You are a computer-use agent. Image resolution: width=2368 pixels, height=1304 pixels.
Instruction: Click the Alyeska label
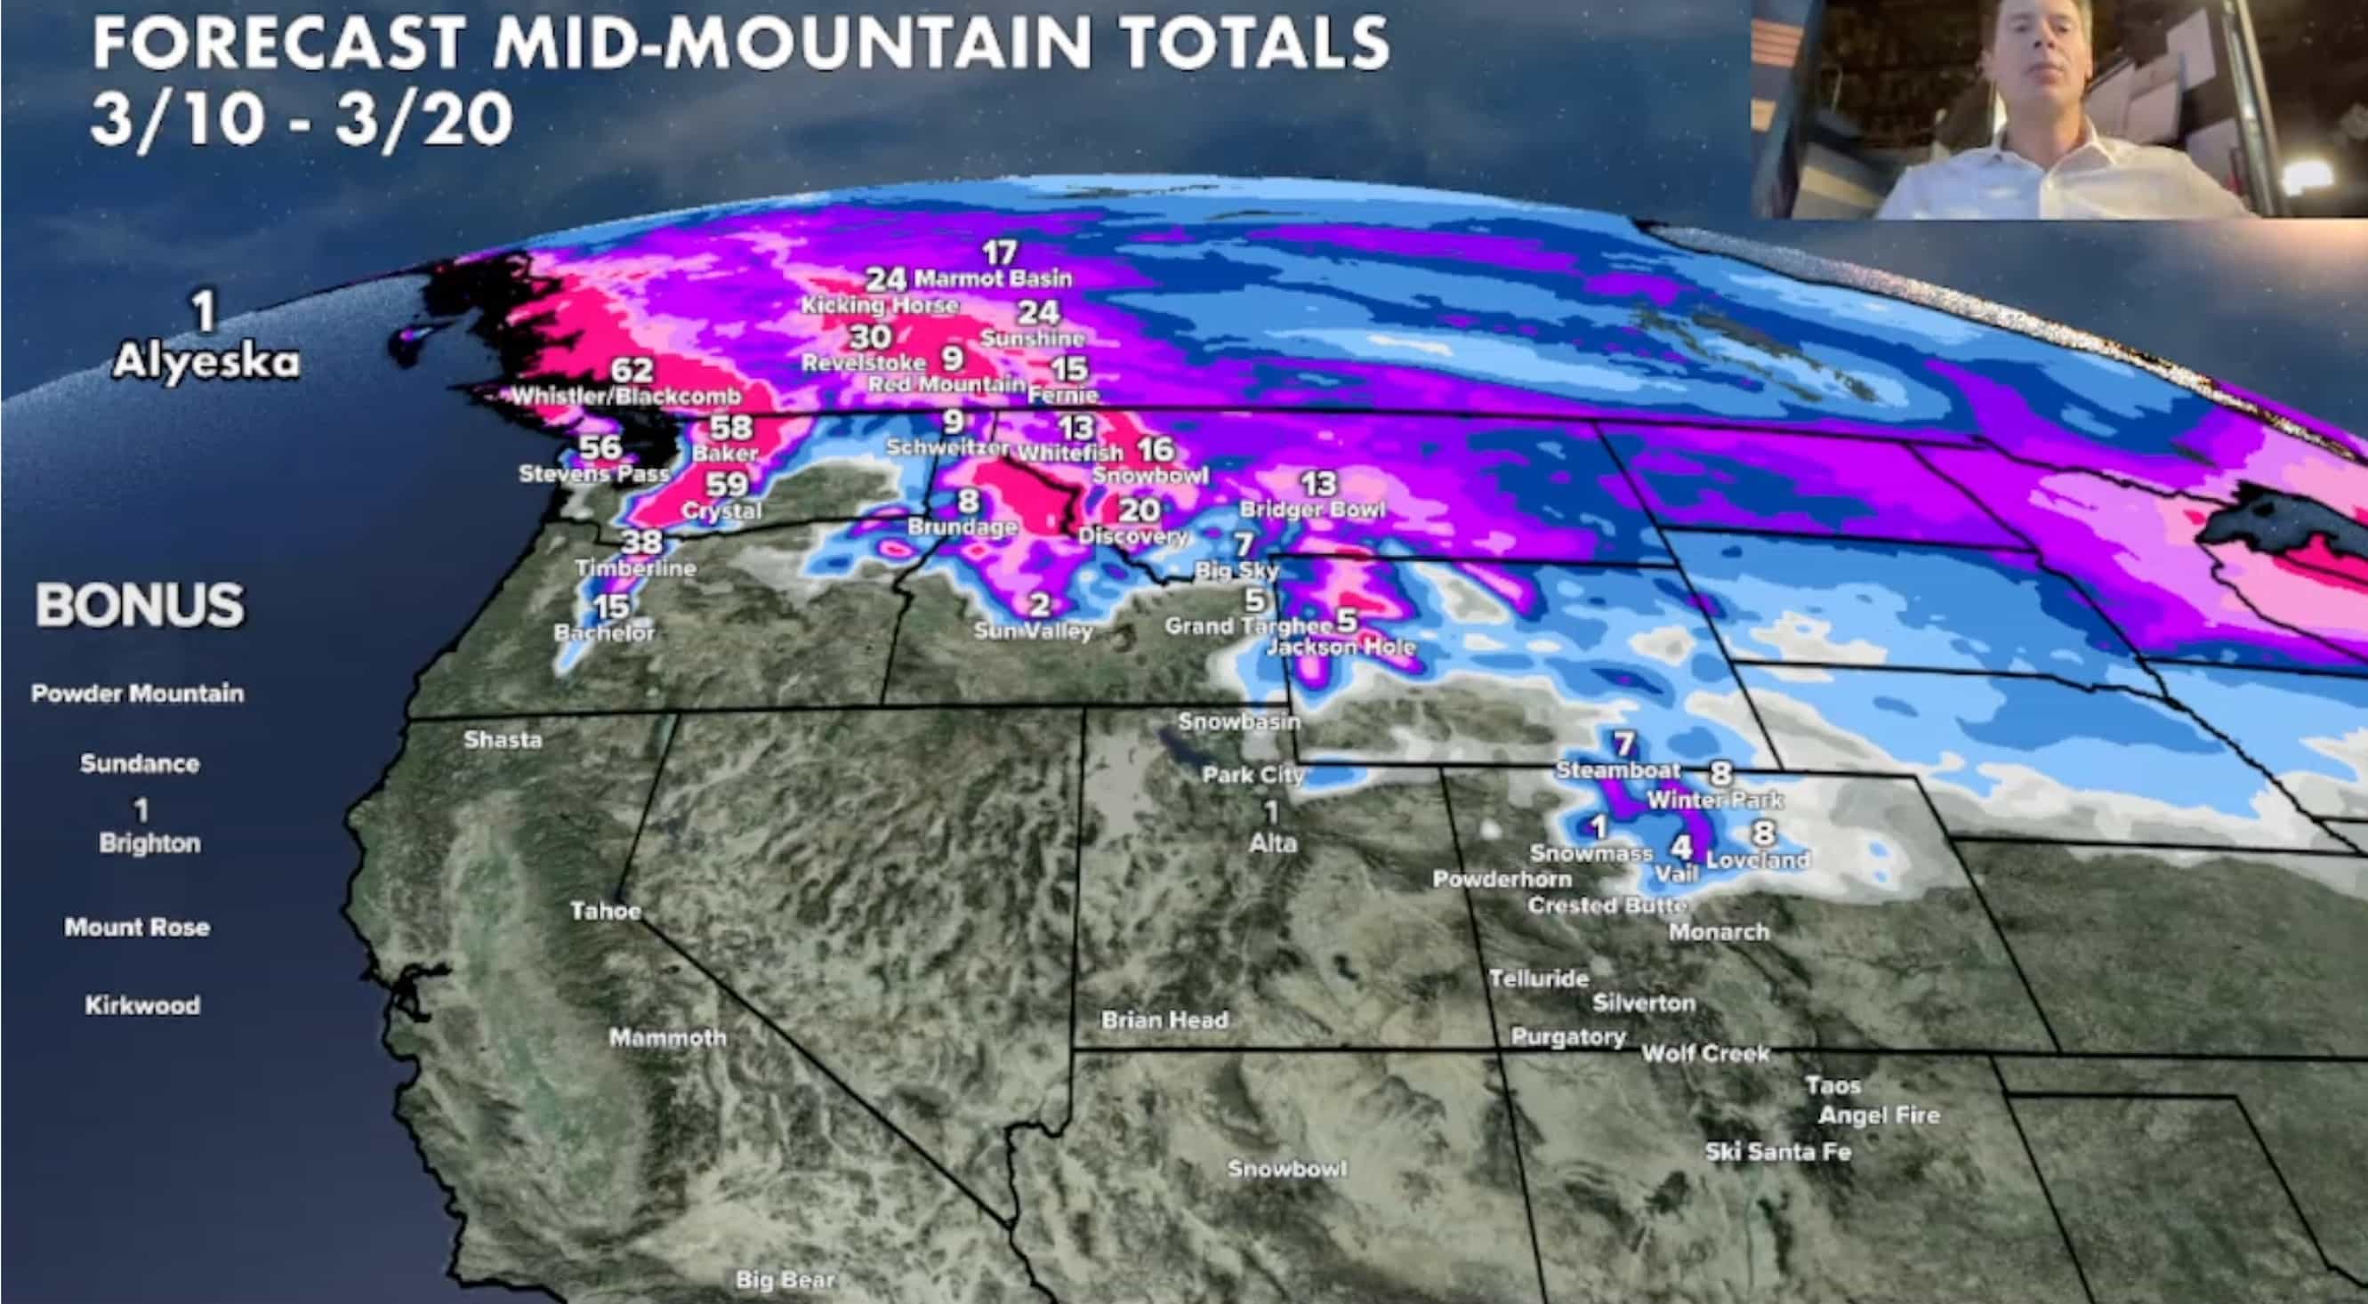(205, 362)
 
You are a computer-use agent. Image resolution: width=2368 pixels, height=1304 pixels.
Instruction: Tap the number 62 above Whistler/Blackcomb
(632, 370)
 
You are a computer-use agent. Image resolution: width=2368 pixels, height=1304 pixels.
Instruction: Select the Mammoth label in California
(667, 1037)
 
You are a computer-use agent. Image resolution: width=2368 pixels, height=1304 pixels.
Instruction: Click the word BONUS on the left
(140, 605)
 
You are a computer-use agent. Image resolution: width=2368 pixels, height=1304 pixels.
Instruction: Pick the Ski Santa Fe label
(1777, 1152)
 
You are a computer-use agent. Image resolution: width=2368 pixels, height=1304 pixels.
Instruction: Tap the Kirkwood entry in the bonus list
(142, 1004)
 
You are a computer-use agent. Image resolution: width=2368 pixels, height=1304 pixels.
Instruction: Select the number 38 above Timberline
(641, 543)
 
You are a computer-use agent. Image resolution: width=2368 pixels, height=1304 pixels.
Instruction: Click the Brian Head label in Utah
(1164, 1019)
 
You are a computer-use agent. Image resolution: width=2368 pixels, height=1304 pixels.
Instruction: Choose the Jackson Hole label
(1341, 647)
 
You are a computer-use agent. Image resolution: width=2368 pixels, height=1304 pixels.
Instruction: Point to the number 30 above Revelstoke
(870, 336)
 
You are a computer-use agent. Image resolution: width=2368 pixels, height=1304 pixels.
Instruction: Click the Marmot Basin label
(993, 278)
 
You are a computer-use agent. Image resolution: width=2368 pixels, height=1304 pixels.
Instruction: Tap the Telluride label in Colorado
(1538, 978)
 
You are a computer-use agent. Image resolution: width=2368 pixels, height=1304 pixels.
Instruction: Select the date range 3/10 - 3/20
(302, 120)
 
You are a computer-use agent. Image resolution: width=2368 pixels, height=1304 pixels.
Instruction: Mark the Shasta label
(503, 739)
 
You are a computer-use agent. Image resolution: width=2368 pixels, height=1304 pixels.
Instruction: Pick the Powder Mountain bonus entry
(138, 693)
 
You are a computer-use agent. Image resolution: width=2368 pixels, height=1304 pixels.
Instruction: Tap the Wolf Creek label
(1705, 1053)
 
